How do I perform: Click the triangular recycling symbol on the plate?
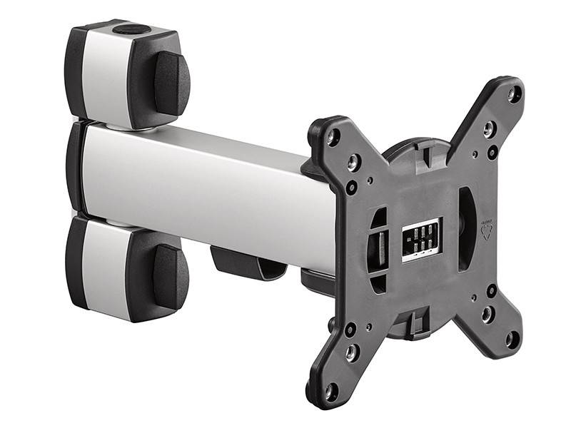click(x=487, y=230)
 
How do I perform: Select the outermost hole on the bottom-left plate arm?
click(x=330, y=391)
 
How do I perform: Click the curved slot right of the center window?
click(x=465, y=228)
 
